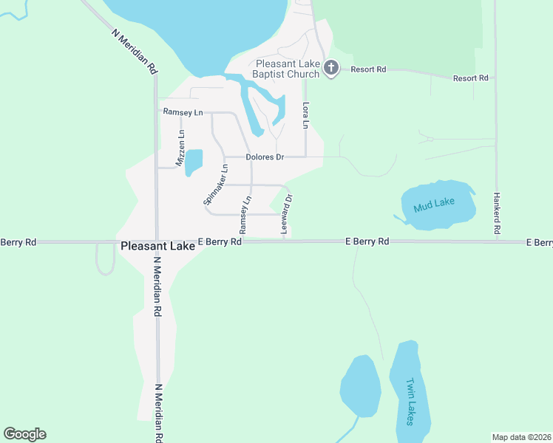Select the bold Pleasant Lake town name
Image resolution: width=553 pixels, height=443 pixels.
(x=157, y=247)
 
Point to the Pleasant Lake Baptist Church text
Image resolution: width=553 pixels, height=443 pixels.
(x=288, y=69)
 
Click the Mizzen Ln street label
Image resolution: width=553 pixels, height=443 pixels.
(x=180, y=148)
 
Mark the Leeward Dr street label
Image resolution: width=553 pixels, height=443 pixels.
(x=288, y=215)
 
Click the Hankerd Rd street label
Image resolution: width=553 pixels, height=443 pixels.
(x=497, y=210)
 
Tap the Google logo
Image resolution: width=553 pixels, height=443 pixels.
(x=24, y=434)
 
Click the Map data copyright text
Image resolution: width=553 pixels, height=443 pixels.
(x=521, y=437)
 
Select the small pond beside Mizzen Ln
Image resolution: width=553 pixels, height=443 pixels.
(x=193, y=162)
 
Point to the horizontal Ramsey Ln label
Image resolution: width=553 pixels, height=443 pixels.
(x=183, y=112)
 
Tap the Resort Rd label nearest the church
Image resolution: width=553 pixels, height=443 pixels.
(x=369, y=69)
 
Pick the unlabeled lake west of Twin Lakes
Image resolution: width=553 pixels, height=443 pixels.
(x=360, y=386)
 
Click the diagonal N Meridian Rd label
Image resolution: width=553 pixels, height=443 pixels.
(x=136, y=51)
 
